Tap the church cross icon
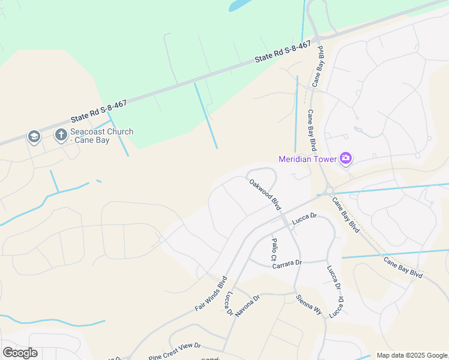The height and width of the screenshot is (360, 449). coord(61,136)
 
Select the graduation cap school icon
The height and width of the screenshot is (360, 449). coord(34,137)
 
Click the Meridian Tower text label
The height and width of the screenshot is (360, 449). coord(307,159)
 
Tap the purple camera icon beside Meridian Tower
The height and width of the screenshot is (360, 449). coord(346,158)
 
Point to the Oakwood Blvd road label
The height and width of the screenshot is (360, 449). coord(265,194)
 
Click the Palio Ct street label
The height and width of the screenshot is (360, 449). coord(274,249)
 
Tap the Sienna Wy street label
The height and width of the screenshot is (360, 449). coord(309,305)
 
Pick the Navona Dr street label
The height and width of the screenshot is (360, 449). coord(247,304)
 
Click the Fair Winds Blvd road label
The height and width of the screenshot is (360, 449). coord(211,293)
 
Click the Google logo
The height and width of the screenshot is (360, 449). coord(20,353)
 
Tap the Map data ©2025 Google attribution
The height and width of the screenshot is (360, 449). coord(411,355)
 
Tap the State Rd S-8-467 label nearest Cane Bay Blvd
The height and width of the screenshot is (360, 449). coord(283,52)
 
